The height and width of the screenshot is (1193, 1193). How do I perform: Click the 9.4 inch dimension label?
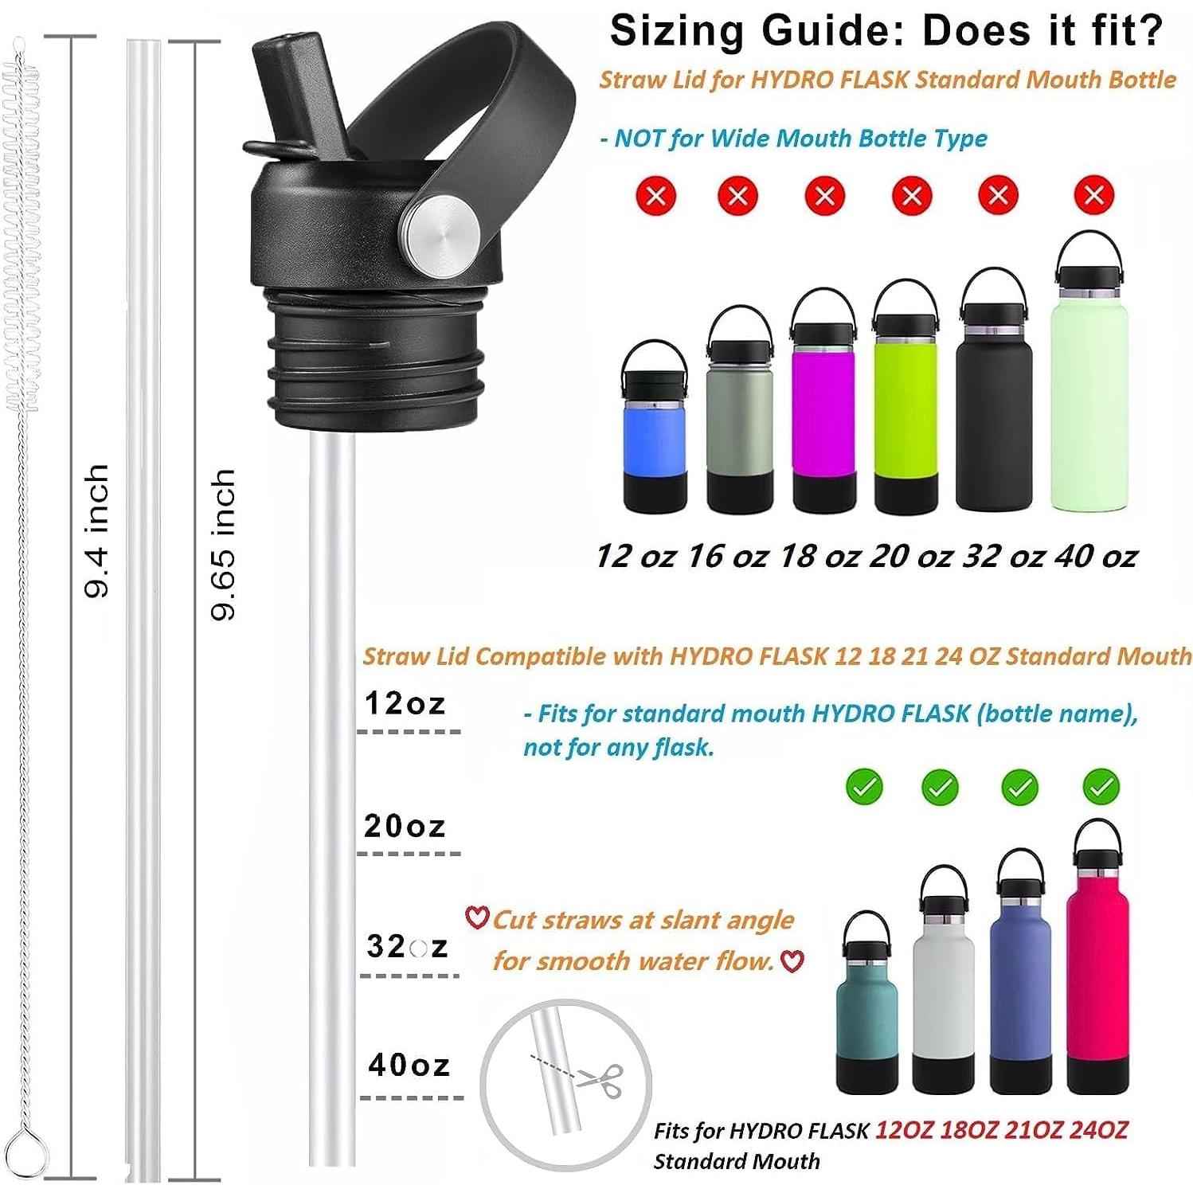(96, 531)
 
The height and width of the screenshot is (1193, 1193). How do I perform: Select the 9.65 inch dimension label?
(223, 545)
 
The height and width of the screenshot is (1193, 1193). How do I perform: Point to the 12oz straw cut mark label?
(405, 703)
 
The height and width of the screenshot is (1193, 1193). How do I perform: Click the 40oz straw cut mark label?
(409, 1065)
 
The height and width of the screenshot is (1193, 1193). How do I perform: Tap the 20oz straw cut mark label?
(405, 826)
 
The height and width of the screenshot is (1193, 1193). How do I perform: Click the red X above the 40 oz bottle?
(1093, 194)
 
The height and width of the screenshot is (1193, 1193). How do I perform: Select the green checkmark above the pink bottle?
(1101, 787)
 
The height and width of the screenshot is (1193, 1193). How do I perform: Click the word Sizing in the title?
(678, 31)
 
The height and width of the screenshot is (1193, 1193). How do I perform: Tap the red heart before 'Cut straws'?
(476, 918)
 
